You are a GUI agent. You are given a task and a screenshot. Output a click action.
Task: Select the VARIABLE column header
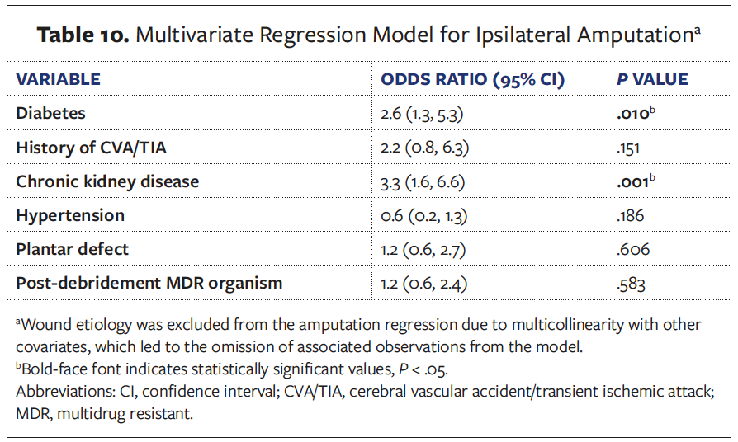pyautogui.click(x=58, y=80)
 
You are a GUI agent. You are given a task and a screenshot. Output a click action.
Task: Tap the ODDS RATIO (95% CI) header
pyautogui.click(x=472, y=80)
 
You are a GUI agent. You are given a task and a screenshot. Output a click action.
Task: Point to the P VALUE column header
pyautogui.click(x=652, y=80)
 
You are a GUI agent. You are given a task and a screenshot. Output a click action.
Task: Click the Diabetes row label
pyautogui.click(x=50, y=113)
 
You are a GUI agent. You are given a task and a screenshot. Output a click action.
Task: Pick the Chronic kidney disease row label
pyautogui.click(x=107, y=181)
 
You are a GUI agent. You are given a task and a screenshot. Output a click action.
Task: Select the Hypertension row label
pyautogui.click(x=70, y=215)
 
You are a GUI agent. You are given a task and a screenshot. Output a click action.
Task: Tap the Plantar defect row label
pyautogui.click(x=73, y=249)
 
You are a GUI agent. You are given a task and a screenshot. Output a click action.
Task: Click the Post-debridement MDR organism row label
pyautogui.click(x=149, y=283)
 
